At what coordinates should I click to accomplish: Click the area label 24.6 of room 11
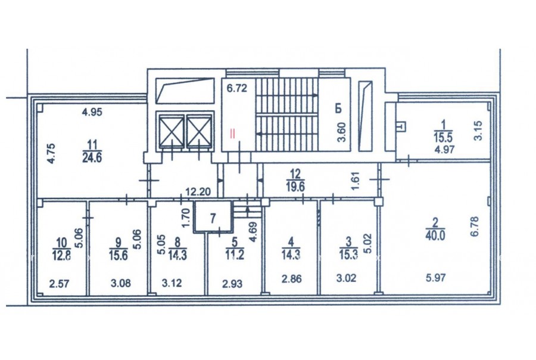[92, 158]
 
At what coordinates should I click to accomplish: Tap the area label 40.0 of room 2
[435, 236]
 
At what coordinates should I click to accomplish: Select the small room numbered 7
[213, 217]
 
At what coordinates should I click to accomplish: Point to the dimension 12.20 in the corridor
[198, 192]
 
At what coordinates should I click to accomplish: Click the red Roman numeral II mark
[232, 133]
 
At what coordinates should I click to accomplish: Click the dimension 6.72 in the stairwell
[237, 88]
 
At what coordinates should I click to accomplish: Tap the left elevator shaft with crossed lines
[172, 132]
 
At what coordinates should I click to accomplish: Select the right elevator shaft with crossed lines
[200, 132]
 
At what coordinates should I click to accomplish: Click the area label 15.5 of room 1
[443, 138]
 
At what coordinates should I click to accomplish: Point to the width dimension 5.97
[436, 278]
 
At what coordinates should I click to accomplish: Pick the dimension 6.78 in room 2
[475, 226]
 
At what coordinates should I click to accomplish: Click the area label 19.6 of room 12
[295, 187]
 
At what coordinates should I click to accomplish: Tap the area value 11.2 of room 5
[235, 255]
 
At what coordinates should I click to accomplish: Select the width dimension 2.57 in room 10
[59, 284]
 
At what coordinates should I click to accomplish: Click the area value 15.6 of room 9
[119, 255]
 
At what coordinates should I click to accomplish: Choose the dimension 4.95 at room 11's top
[92, 112]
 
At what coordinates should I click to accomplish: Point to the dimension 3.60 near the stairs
[341, 132]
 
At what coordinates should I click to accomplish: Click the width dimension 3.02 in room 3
[346, 278]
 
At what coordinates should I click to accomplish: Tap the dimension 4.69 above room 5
[253, 232]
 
